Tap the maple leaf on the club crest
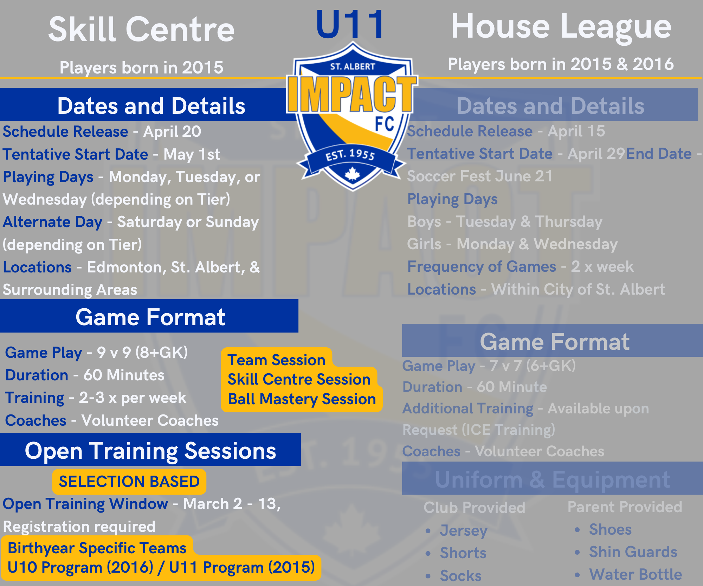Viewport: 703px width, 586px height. point(352,174)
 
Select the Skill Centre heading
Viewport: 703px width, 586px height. point(141,30)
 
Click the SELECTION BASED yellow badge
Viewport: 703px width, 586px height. point(129,482)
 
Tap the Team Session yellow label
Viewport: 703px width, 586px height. point(276,360)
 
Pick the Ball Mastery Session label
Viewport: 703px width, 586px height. point(302,399)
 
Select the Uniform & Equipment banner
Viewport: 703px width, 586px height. point(553,479)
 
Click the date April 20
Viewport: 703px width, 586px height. point(172,132)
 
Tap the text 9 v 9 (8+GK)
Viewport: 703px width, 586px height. point(142,352)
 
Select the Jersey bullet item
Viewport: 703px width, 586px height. point(463,530)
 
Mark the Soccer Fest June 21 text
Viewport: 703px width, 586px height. point(480,176)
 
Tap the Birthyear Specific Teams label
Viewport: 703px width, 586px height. point(97,548)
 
